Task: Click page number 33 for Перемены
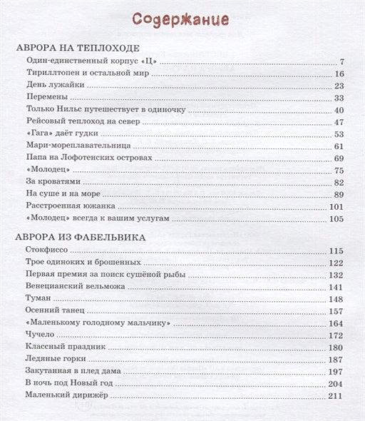pyautogui.click(x=339, y=97)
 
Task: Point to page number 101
pyautogui.click(x=336, y=206)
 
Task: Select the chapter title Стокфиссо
pyautogui.click(x=49, y=250)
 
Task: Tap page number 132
pyautogui.click(x=336, y=275)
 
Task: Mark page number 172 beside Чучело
pyautogui.click(x=336, y=335)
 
